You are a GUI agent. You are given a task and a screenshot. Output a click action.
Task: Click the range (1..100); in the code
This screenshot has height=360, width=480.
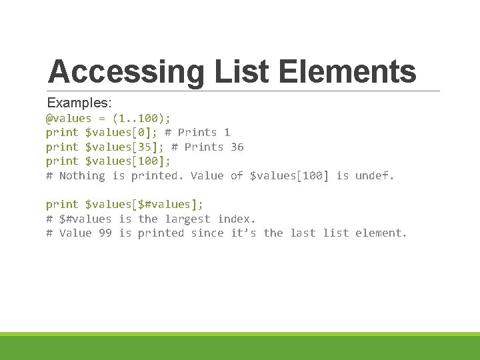141,119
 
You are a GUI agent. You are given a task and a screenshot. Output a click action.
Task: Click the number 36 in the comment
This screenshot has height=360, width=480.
237,147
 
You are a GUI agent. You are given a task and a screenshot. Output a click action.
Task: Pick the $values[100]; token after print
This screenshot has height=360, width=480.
128,161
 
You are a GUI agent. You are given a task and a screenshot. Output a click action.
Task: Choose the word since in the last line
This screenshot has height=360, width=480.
207,233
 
